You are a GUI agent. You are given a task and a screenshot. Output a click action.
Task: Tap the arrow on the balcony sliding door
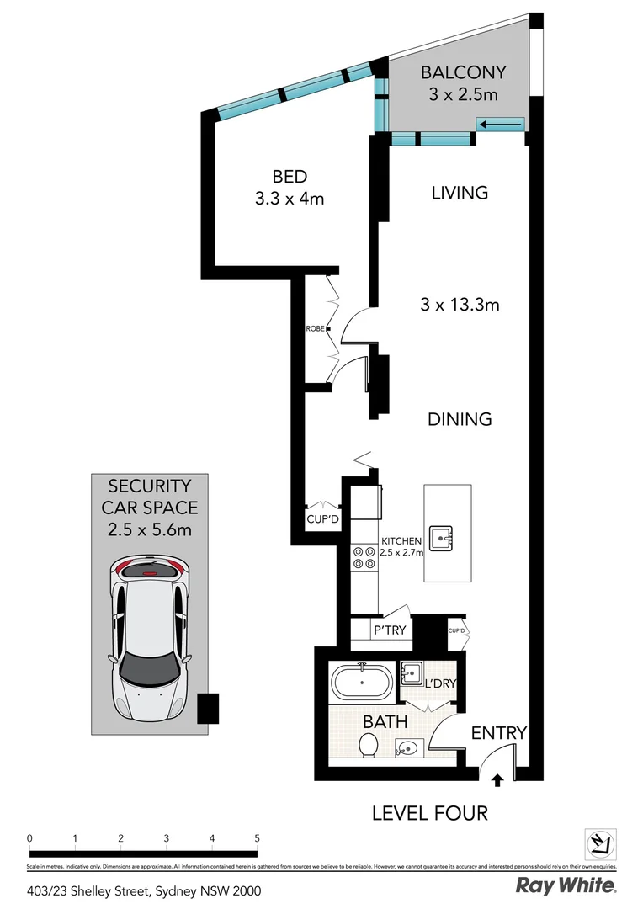tap(502, 125)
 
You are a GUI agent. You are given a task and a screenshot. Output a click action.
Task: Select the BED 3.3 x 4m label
tap(289, 188)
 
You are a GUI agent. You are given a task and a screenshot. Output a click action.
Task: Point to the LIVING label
tap(460, 193)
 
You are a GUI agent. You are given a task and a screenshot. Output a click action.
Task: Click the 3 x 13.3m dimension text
tap(460, 305)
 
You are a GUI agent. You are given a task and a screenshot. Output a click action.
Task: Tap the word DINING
tap(460, 418)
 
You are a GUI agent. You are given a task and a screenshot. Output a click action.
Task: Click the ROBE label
tap(316, 329)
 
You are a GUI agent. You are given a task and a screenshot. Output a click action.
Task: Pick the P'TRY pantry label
tap(390, 630)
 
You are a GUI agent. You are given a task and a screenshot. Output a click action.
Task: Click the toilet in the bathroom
tap(368, 745)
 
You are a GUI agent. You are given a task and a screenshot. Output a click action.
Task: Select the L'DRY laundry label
tap(439, 683)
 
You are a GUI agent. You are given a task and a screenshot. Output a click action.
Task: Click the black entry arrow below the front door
tap(497, 780)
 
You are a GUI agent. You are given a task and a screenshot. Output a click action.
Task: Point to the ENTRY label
tap(498, 733)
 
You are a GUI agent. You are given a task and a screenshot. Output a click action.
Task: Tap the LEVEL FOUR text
tap(430, 813)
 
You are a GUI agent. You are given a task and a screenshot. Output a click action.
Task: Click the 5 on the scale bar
tap(257, 838)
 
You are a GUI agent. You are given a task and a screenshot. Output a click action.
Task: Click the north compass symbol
tap(601, 843)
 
